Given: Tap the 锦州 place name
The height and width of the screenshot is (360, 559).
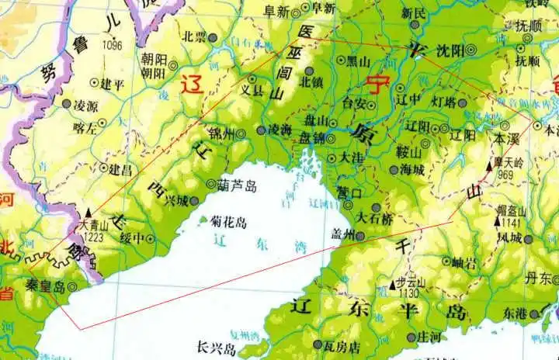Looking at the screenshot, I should (221, 134).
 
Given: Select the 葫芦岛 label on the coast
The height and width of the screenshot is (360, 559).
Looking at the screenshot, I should (237, 185).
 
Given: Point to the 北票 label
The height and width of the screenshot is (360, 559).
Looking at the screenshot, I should (194, 36).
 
